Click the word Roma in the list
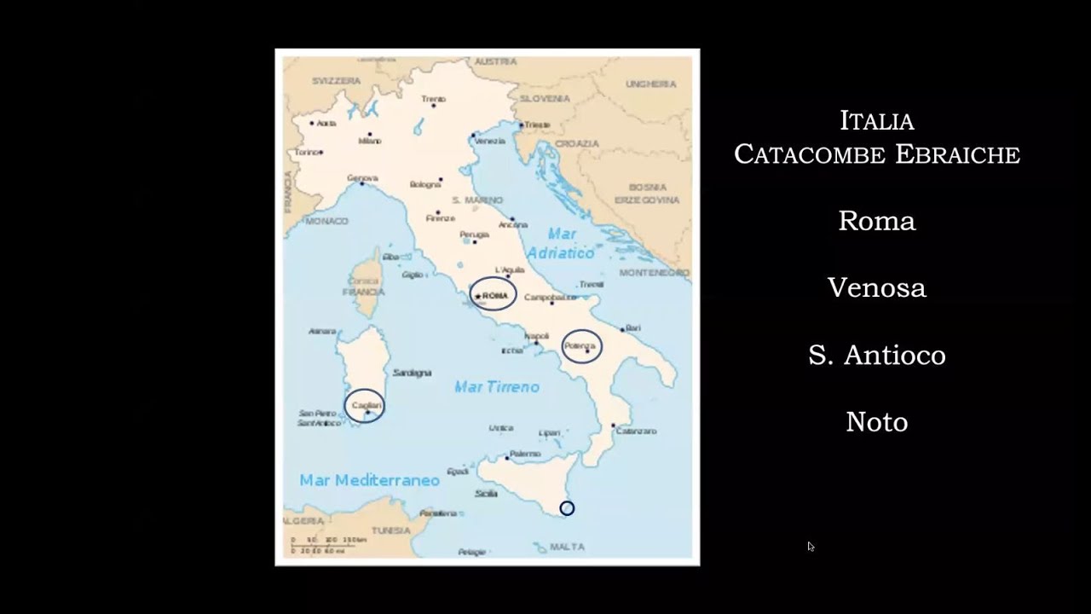(876, 221)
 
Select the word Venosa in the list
(876, 288)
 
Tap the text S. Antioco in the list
(876, 355)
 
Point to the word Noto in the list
(876, 422)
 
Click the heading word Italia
(876, 121)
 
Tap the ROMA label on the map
(494, 295)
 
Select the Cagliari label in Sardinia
(365, 405)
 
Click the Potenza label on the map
(580, 345)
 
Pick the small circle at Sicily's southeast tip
(567, 508)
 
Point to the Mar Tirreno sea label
(497, 387)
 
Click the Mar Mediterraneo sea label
(369, 480)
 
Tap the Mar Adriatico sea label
(561, 243)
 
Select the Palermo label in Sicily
(525, 454)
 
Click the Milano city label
(370, 141)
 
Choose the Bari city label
(632, 327)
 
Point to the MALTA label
(567, 547)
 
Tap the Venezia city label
(489, 141)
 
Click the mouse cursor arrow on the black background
(810, 547)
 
